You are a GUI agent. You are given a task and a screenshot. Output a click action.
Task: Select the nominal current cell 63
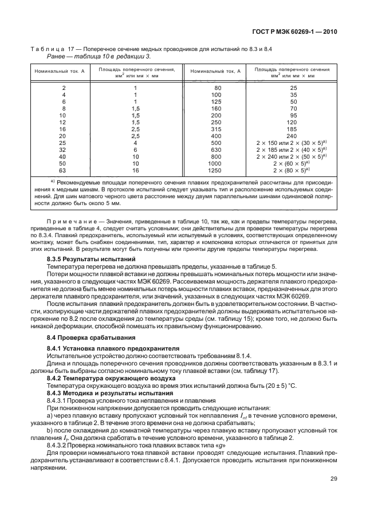pos(63,170)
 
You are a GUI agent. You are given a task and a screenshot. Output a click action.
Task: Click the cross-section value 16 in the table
pos(136,170)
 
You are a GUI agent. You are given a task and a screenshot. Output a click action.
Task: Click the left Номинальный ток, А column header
pos(63,72)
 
